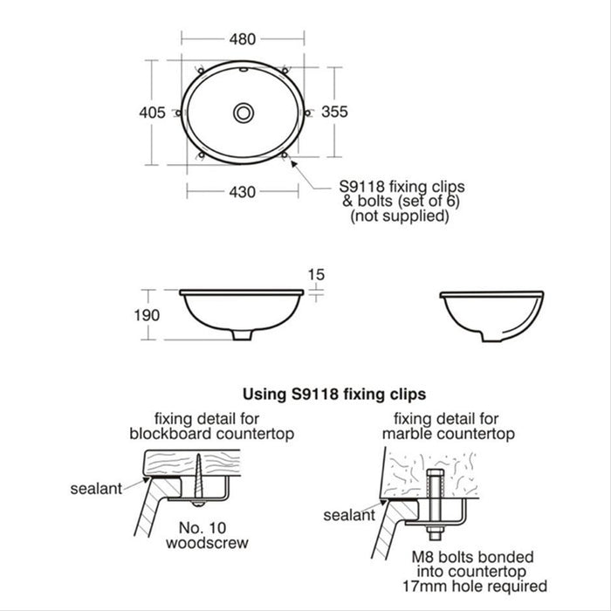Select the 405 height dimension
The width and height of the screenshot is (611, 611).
(152, 112)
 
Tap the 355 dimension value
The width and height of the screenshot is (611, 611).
(334, 112)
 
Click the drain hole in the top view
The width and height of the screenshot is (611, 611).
(244, 112)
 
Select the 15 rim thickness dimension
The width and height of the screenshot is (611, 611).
(316, 274)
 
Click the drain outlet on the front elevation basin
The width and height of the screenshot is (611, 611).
(240, 337)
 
